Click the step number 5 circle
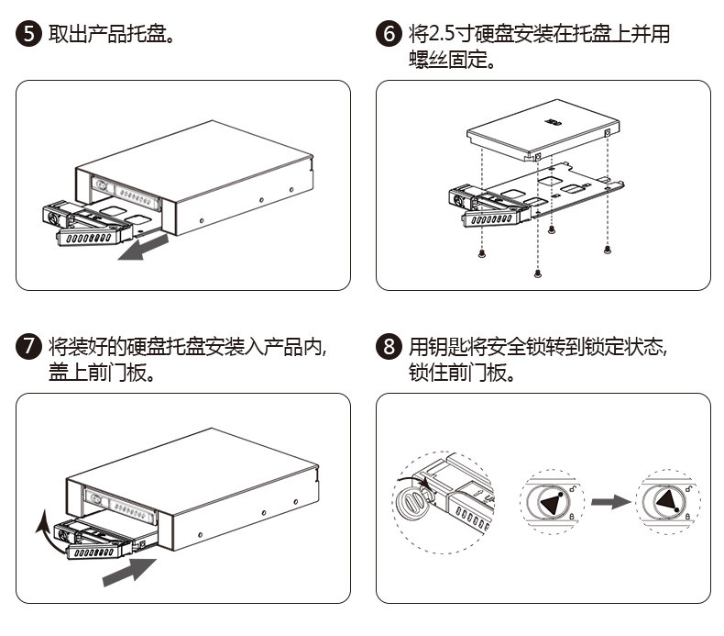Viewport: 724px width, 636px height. pos(29,36)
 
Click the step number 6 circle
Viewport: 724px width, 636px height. pos(389,36)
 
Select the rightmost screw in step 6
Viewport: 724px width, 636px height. pos(608,249)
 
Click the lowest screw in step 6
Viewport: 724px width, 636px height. pos(537,273)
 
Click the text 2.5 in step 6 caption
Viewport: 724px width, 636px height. pos(443,36)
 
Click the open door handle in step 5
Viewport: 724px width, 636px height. pos(86,237)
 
